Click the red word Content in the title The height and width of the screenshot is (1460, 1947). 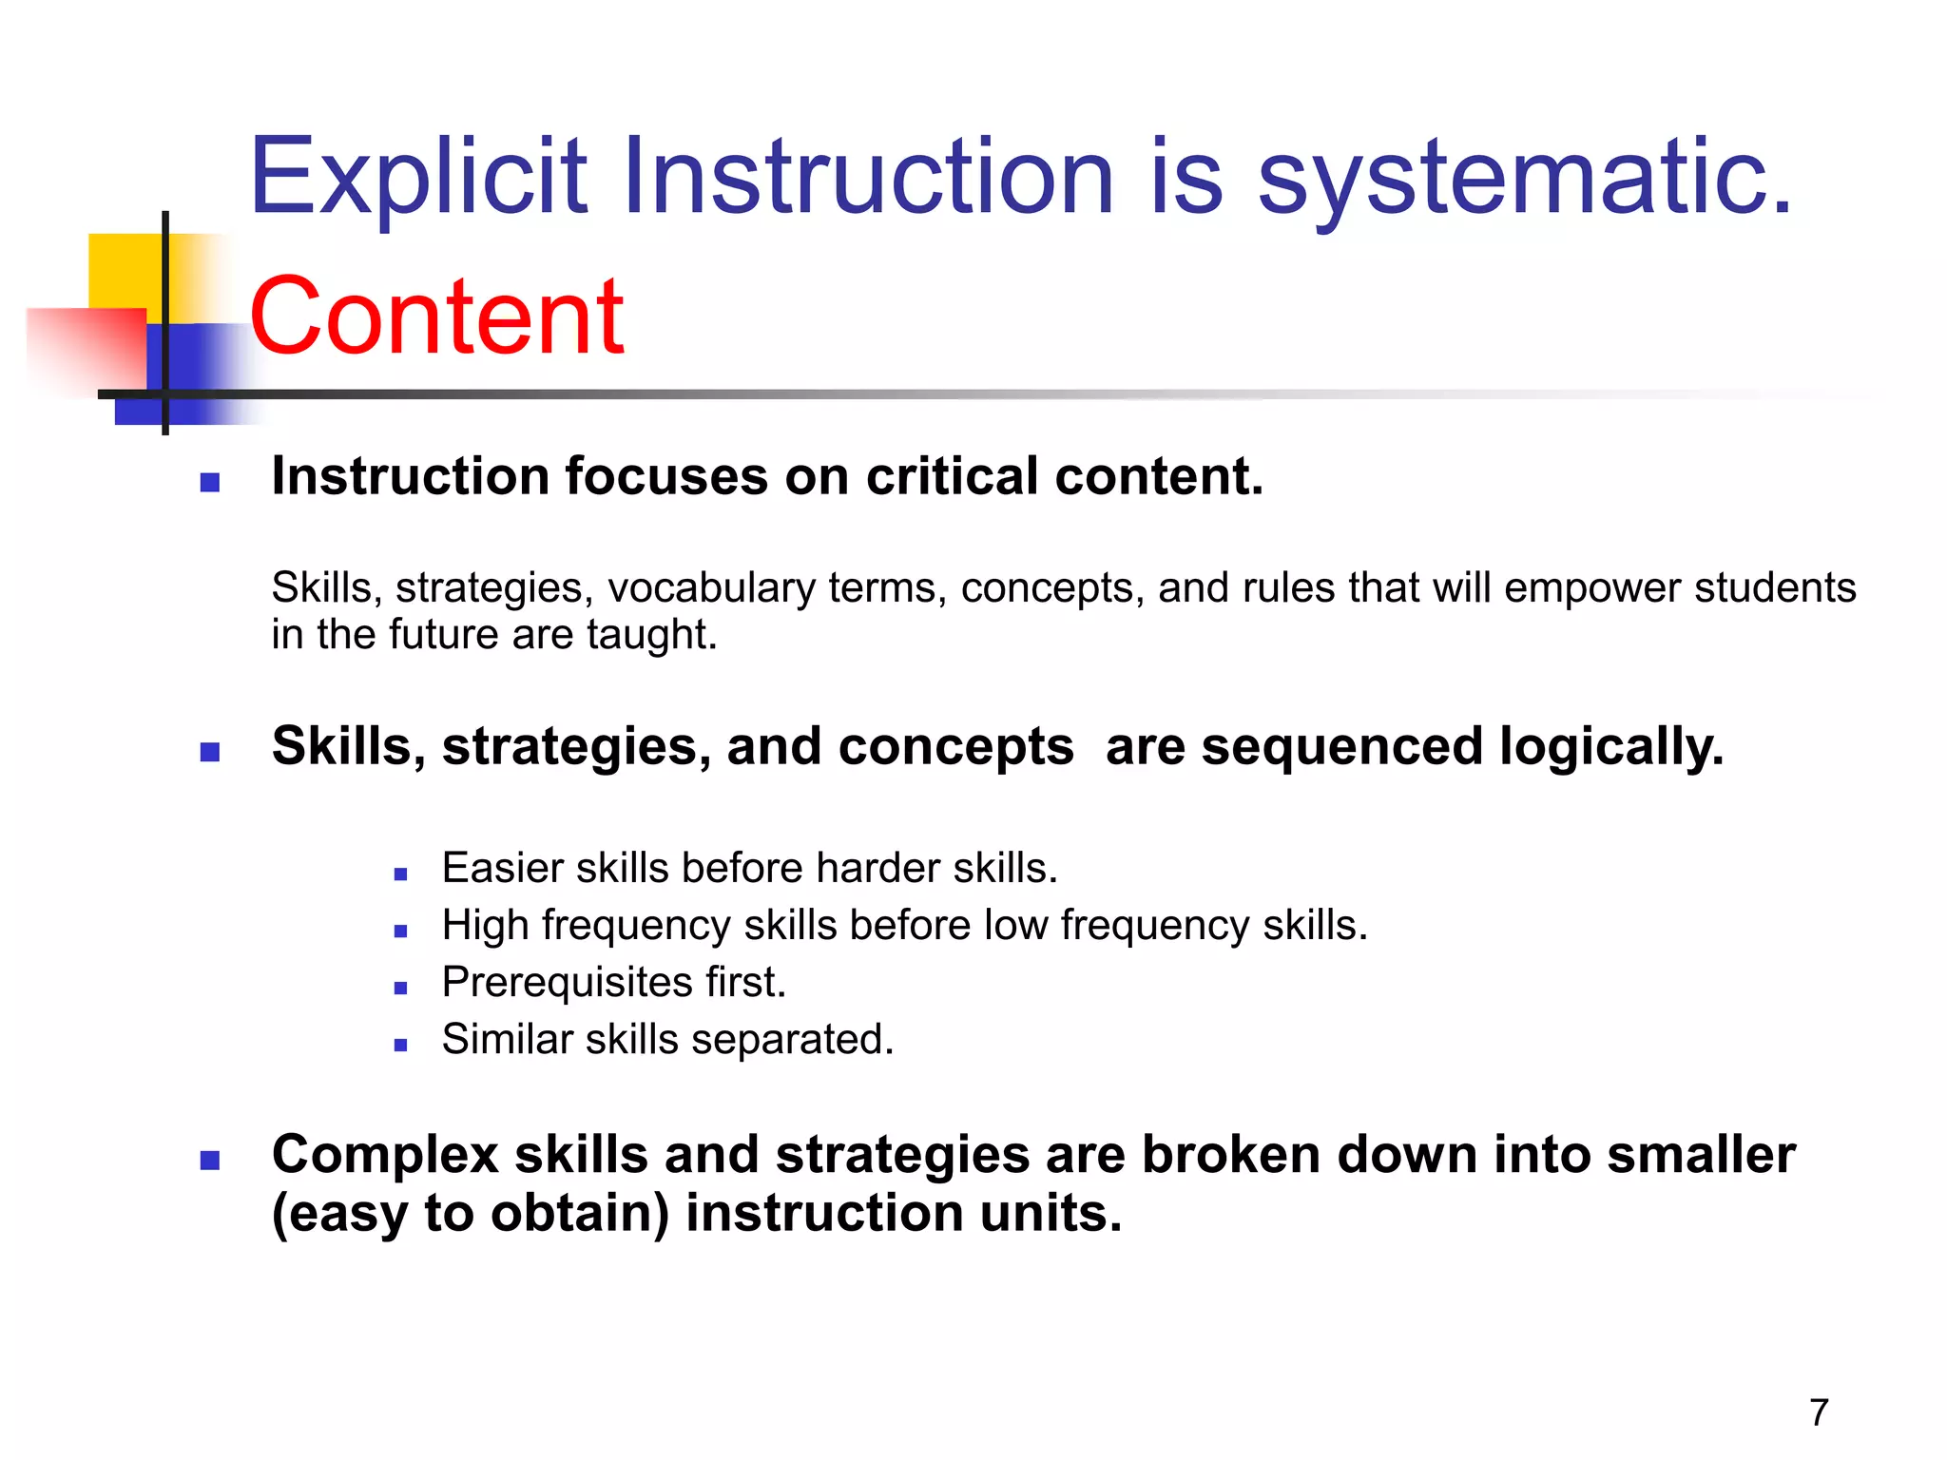(436, 317)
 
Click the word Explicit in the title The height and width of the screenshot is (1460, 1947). (418, 178)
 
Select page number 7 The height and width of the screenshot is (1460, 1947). (1819, 1412)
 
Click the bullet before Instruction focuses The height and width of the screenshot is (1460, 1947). (210, 483)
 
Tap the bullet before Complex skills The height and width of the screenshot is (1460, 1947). (210, 1161)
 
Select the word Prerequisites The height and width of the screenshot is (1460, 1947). (567, 983)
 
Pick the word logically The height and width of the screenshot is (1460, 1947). (1611, 747)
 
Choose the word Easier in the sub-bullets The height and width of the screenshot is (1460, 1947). (502, 868)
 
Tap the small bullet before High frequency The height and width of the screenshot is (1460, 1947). (400, 932)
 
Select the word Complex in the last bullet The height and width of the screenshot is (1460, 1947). (385, 1155)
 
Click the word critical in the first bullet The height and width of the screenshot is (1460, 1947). (952, 476)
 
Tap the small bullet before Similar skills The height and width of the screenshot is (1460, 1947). (400, 1046)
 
